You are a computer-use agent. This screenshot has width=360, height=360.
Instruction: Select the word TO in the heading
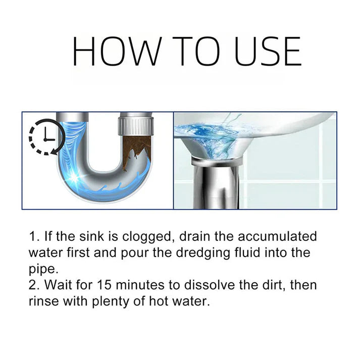(189, 51)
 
